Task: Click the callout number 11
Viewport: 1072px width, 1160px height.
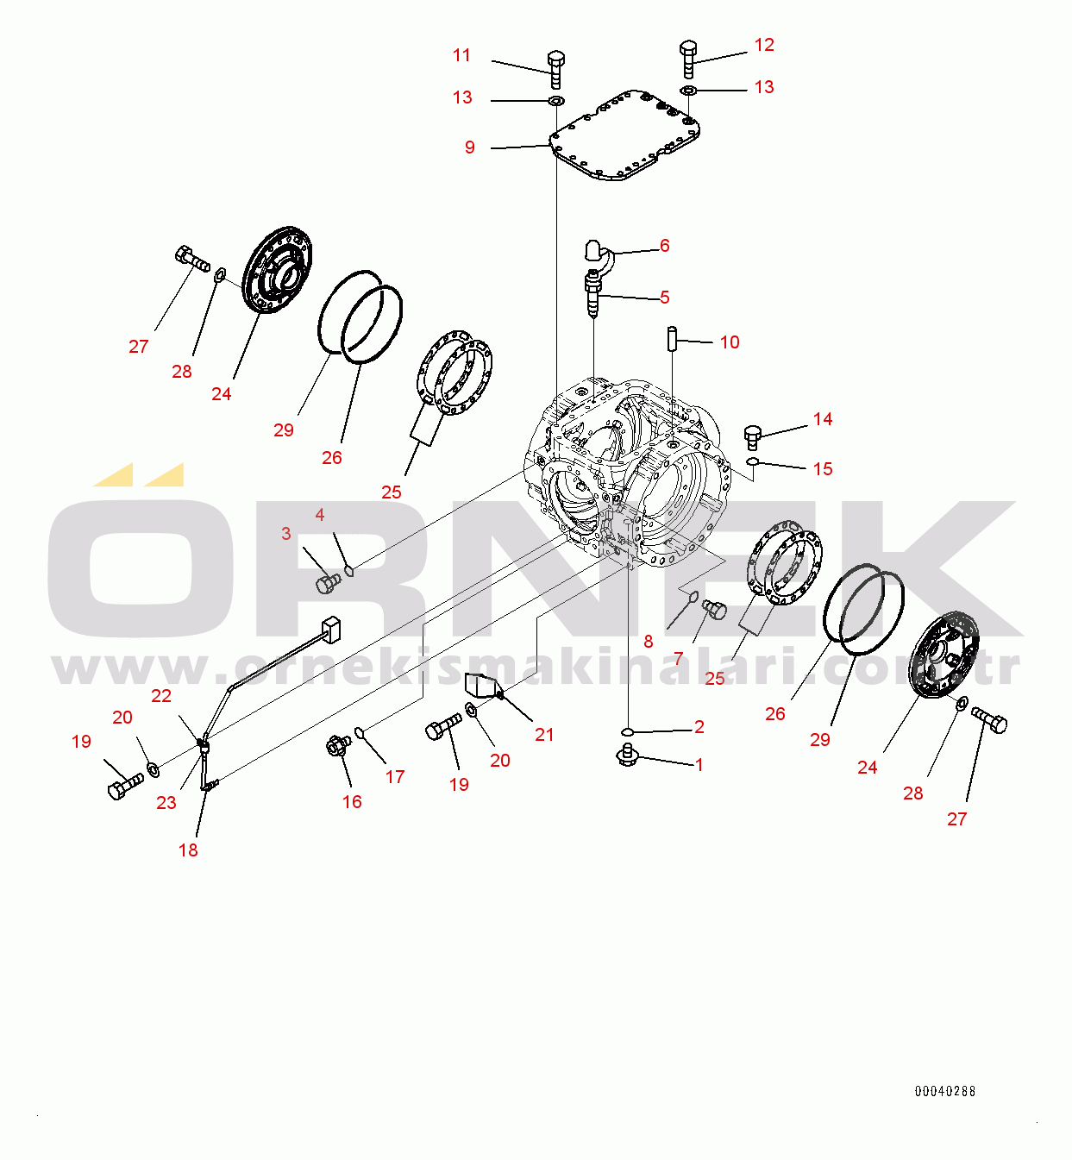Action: point(461,55)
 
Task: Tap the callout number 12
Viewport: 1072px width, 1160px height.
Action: point(764,45)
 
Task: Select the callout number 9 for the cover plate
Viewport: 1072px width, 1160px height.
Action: point(470,147)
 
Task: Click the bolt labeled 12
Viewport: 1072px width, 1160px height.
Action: point(689,59)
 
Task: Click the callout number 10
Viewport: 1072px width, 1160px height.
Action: point(730,342)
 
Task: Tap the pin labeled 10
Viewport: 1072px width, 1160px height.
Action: point(673,339)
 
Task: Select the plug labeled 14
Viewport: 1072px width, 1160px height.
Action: point(752,437)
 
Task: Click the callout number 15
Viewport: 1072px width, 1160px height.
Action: point(823,468)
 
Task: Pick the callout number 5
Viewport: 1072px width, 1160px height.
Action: point(665,298)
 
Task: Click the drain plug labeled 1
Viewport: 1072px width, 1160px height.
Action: point(627,755)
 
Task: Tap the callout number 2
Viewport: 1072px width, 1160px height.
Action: point(699,726)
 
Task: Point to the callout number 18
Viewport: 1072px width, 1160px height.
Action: point(188,850)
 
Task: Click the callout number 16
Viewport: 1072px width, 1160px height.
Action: point(352,801)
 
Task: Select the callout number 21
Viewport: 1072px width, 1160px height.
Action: point(544,735)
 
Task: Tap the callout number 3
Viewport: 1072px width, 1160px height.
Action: point(285,533)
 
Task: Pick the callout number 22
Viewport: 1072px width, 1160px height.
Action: point(161,696)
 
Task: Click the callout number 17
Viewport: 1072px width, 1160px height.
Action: point(395,777)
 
